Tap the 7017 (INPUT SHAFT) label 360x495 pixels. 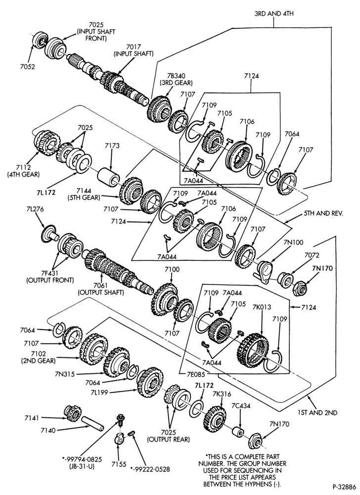[134, 50]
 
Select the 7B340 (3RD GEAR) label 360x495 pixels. [176, 79]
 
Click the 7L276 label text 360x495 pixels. [35, 209]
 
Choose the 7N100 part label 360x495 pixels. [293, 243]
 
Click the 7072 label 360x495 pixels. [312, 255]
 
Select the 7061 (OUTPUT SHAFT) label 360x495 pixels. [101, 289]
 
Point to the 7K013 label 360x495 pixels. [261, 307]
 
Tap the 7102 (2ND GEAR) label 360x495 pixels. [38, 357]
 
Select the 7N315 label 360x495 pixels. [65, 374]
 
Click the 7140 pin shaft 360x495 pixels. [92, 423]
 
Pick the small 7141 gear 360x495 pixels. [73, 413]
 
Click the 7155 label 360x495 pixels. [119, 464]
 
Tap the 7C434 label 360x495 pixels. [241, 406]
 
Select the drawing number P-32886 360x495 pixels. [344, 487]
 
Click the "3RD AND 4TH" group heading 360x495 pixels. [274, 14]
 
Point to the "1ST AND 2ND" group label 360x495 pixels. [317, 413]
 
